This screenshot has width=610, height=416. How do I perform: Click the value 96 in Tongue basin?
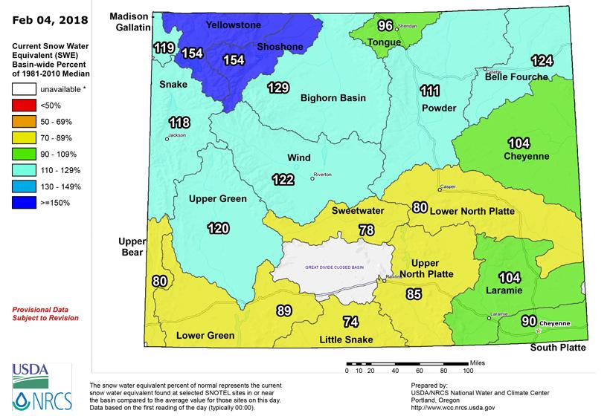[385, 26]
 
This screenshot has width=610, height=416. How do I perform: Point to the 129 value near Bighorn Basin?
[277, 88]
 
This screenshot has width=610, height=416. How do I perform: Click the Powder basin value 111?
[430, 91]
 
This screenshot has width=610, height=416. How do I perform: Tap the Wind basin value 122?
[282, 178]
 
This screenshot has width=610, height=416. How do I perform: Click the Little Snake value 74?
[350, 322]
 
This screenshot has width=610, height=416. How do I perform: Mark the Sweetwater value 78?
[366, 230]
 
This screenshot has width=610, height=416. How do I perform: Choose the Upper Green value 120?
[218, 228]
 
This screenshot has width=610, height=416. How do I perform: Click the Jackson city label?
[176, 135]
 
